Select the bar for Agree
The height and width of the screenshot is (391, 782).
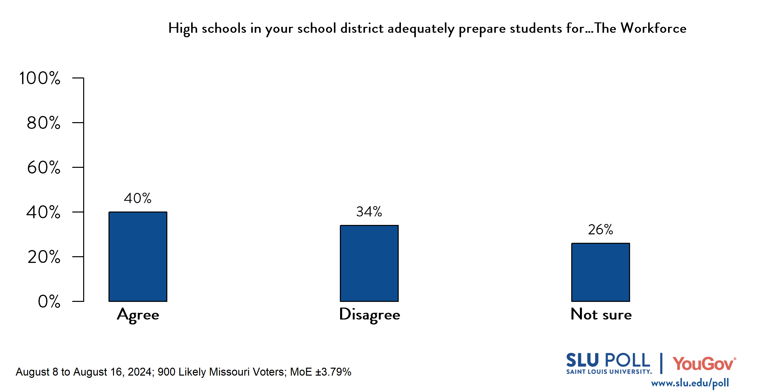tap(138, 256)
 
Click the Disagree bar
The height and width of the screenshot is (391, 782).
tap(369, 263)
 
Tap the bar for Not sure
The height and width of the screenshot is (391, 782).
tap(601, 272)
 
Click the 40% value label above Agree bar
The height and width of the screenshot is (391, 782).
tap(138, 198)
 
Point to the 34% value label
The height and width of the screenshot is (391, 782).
tap(369, 212)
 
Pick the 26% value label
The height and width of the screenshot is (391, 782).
tap(600, 229)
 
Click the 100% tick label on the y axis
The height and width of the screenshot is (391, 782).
tap(40, 78)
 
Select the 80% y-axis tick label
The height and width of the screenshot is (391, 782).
tap(43, 123)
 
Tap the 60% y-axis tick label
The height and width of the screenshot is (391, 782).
tap(43, 168)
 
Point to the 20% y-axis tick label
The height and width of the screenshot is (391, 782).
tap(44, 257)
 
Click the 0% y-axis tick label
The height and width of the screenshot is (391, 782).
tap(49, 301)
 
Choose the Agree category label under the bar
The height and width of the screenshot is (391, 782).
tap(138, 315)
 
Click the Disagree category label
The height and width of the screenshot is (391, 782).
tap(369, 315)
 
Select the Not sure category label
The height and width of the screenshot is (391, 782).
tap(601, 314)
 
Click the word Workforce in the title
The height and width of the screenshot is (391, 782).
tap(653, 28)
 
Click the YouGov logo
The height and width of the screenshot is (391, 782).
tap(704, 364)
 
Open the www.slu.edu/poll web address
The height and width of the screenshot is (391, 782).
tap(690, 383)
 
